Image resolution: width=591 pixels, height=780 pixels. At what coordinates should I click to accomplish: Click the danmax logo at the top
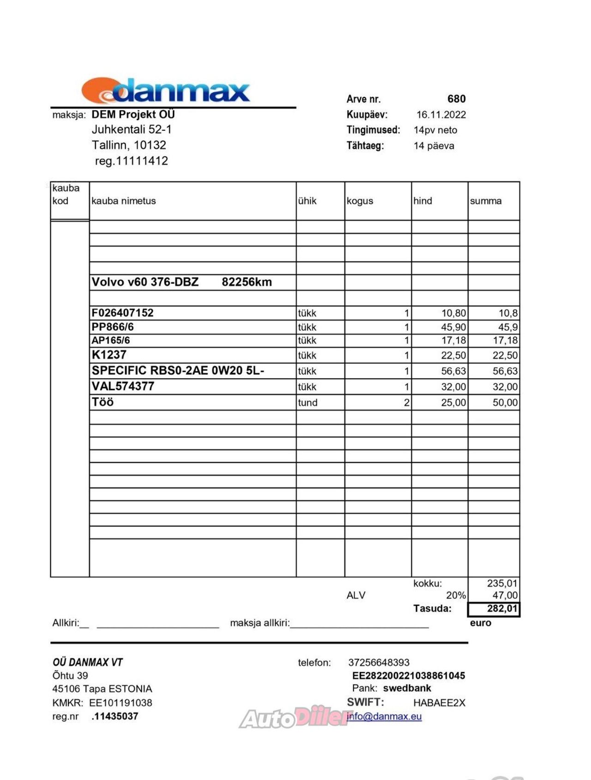[x=166, y=91]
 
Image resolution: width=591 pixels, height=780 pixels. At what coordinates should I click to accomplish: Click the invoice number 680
[x=456, y=99]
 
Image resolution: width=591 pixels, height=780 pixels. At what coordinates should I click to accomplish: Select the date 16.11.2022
[x=441, y=115]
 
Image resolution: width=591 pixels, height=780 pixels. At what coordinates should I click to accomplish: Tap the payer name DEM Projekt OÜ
[x=133, y=114]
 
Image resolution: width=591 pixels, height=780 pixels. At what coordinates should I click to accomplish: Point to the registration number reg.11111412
[x=131, y=161]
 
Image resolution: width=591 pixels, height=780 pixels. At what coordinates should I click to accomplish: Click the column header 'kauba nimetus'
[x=124, y=201]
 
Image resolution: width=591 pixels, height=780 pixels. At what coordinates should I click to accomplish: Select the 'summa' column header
[x=485, y=201]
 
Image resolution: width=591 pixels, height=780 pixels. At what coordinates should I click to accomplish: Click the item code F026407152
[x=122, y=313]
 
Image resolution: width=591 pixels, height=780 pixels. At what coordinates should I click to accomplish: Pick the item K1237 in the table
[x=109, y=355]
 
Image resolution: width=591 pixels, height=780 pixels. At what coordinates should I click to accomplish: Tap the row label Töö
[x=103, y=402]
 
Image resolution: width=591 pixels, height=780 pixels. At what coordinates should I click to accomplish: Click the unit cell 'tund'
[x=308, y=403]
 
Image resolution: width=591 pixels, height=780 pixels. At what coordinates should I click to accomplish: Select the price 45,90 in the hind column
[x=453, y=327]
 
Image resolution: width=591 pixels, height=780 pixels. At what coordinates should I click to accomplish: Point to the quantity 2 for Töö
[x=406, y=403]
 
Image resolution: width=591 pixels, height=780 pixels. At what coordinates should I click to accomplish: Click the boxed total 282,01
[x=501, y=608]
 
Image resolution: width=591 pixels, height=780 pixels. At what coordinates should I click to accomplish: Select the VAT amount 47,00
[x=505, y=596]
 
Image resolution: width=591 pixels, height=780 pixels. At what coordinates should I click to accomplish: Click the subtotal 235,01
[x=502, y=583]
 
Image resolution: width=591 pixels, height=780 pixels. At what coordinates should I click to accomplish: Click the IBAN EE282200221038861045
[x=408, y=676]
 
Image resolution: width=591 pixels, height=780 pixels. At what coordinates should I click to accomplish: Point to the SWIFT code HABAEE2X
[x=439, y=703]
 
